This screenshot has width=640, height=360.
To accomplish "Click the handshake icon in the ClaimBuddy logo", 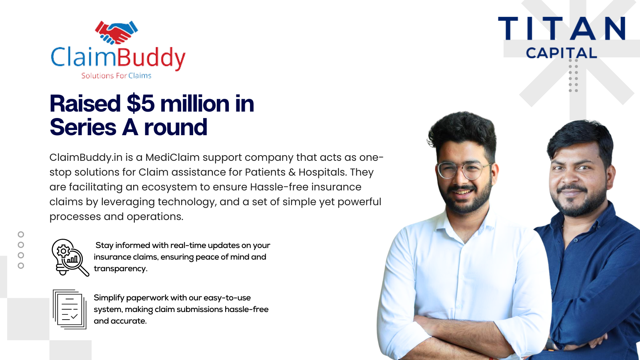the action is [x=116, y=32].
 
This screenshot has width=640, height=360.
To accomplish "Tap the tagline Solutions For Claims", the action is [x=116, y=76].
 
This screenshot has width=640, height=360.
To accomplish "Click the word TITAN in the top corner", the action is [x=562, y=28].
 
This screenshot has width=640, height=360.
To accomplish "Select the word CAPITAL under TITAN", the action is [x=562, y=53].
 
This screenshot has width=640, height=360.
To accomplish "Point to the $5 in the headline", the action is [x=140, y=104].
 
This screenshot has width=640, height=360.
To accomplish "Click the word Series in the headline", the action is [x=83, y=127].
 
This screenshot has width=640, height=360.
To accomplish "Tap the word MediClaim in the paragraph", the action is [x=172, y=158].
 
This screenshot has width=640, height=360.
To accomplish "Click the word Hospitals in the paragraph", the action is [x=323, y=172].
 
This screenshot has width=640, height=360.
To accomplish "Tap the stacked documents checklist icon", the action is [x=70, y=309].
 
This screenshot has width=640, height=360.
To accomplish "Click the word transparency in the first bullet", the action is [x=120, y=269].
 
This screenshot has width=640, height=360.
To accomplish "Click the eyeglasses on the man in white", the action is [x=464, y=170].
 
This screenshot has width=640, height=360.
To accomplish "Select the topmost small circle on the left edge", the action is [x=21, y=234].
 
